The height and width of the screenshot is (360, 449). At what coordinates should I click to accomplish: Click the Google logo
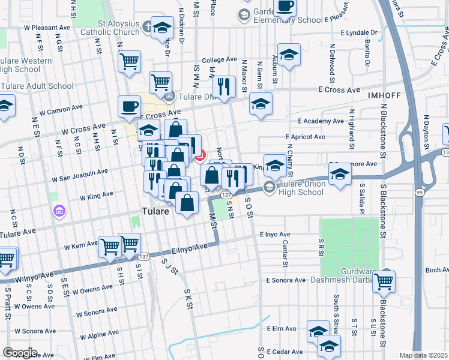20,352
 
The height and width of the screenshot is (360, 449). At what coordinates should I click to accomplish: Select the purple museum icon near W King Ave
59,211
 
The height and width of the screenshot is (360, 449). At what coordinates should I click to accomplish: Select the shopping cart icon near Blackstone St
384,280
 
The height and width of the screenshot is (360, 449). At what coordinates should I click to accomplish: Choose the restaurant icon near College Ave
224,86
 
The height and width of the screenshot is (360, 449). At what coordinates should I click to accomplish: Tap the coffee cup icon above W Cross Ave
129,106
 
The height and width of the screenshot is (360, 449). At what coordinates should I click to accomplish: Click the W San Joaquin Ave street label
80,175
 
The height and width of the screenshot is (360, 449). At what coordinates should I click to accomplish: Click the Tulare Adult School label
37,86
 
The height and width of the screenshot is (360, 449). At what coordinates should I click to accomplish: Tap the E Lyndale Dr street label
359,32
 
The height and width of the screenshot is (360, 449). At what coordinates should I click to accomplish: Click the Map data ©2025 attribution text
423,355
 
